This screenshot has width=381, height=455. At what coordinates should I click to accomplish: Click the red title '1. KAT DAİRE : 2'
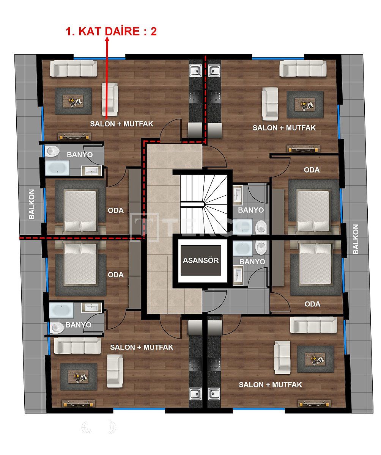(x=111, y=31)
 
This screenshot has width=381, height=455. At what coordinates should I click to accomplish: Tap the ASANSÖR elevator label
(x=201, y=260)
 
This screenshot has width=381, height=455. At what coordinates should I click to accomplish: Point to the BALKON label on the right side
(x=355, y=239)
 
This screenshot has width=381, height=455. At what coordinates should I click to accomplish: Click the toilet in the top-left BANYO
(x=52, y=151)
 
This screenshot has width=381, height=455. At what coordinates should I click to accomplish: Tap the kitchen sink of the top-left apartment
(x=196, y=71)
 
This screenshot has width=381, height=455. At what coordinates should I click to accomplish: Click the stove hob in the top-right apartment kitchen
(x=214, y=96)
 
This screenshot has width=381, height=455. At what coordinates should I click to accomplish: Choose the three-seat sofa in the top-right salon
(x=303, y=69)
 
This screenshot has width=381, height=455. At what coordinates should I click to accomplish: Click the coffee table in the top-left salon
(x=73, y=101)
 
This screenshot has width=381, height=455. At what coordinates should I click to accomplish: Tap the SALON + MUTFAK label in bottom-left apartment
(x=142, y=347)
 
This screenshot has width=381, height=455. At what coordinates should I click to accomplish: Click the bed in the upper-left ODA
(x=80, y=210)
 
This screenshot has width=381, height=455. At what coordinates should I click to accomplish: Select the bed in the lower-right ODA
(x=315, y=264)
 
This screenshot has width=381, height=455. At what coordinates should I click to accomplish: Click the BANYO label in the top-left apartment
(x=79, y=155)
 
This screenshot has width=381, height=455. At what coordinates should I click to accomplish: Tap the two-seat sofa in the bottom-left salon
(x=115, y=370)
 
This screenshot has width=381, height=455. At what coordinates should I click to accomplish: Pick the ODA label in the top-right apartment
(x=312, y=170)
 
